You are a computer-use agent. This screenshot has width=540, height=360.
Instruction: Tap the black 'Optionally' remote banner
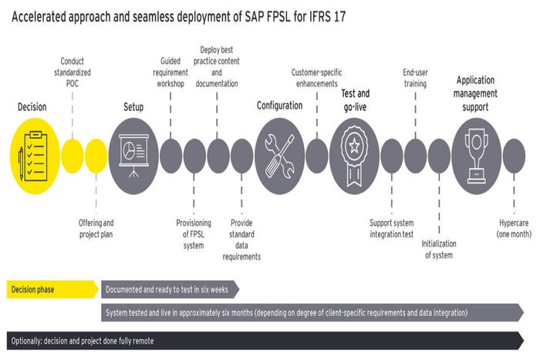click(x=262, y=339)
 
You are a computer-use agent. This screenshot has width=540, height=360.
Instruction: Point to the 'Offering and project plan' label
click(x=96, y=228)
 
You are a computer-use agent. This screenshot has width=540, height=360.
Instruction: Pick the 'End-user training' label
click(x=415, y=77)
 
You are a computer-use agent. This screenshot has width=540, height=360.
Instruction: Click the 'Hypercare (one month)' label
click(x=513, y=228)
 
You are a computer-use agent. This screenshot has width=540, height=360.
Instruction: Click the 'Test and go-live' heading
click(x=354, y=100)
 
